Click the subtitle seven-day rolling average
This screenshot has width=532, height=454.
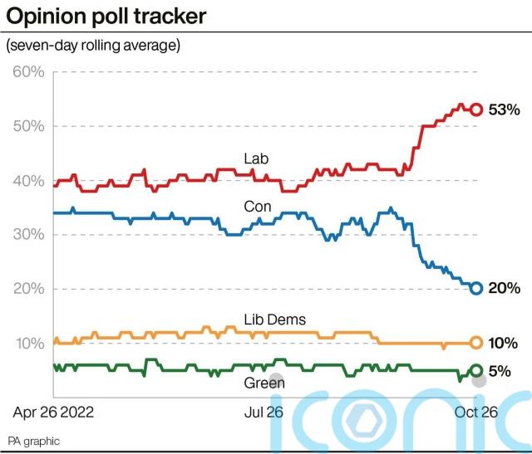(93, 45)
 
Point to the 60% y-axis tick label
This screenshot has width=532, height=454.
(27, 71)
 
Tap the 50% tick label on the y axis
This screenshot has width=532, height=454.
(27, 126)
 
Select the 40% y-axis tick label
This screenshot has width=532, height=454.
(27, 180)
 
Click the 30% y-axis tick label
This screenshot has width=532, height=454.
(27, 235)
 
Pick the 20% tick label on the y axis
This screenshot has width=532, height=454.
(27, 289)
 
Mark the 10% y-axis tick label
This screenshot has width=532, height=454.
(27, 344)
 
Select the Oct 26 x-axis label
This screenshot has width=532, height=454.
(476, 411)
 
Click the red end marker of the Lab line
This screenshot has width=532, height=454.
(476, 110)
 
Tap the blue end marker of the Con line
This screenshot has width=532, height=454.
(476, 288)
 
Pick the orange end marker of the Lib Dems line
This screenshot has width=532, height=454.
(476, 342)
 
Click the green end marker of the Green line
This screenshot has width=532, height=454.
(476, 371)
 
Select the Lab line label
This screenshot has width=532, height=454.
(257, 159)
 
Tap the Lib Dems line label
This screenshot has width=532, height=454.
(275, 320)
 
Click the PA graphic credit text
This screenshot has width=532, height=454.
(34, 441)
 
